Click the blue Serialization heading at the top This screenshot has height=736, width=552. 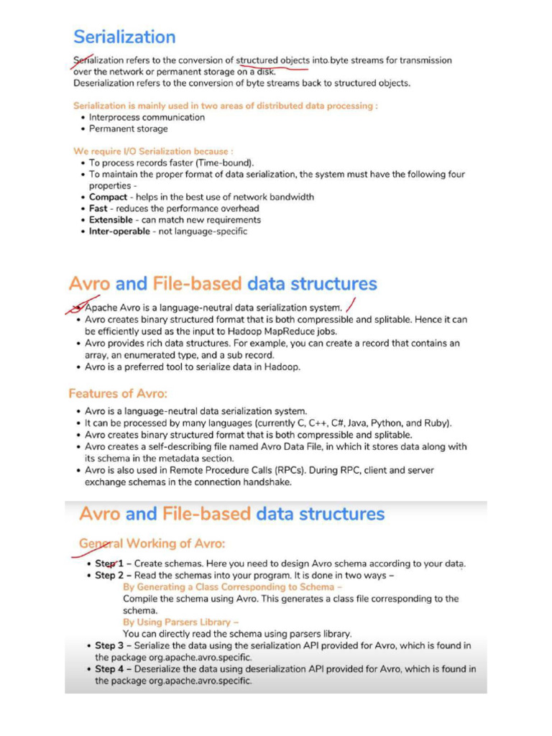pyautogui.click(x=124, y=37)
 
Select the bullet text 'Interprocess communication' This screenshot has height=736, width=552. pyautogui.click(x=147, y=117)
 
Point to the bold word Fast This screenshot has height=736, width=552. pyautogui.click(x=98, y=208)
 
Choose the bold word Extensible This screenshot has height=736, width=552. pyautogui.click(x=111, y=220)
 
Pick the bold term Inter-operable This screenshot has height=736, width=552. pyautogui.click(x=120, y=231)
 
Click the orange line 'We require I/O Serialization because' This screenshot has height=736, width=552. pyautogui.click(x=153, y=152)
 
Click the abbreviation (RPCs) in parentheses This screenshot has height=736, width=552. pyautogui.click(x=336, y=471)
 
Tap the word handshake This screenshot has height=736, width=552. pyautogui.click(x=267, y=482)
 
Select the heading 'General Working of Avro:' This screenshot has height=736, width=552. pyautogui.click(x=153, y=543)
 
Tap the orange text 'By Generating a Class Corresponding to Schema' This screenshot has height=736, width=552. pyautogui.click(x=232, y=587)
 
